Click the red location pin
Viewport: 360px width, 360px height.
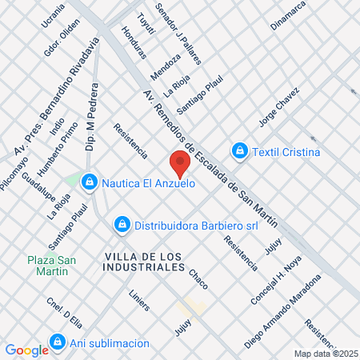pos(180,163)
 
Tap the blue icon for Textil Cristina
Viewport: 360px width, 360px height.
pos(239,151)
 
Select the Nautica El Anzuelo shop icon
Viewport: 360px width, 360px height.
pos(90,183)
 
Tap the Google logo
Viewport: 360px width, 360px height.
pos(26,350)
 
